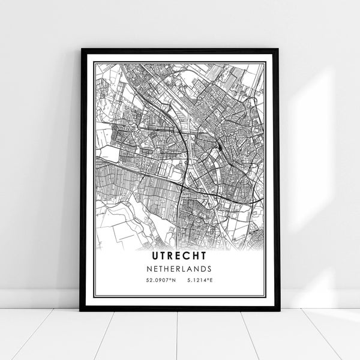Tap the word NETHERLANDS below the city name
pyautogui.click(x=179, y=269)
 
